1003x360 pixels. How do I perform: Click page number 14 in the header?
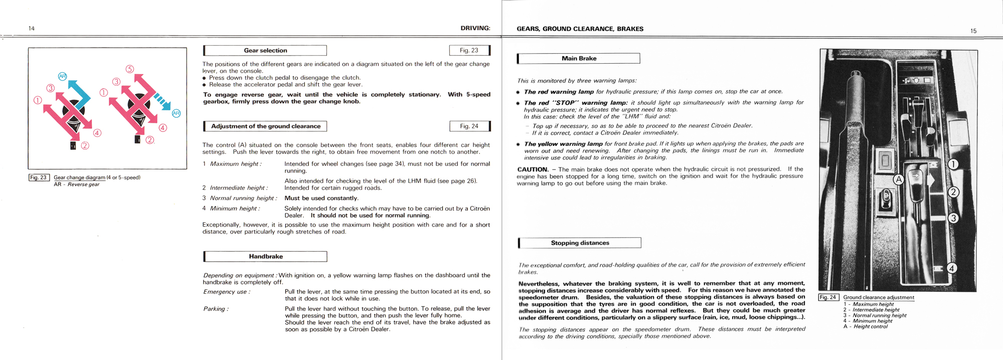point(32,29)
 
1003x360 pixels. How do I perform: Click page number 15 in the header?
point(973,31)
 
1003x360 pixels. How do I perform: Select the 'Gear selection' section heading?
point(265,51)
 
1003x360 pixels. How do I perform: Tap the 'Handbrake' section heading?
point(266,257)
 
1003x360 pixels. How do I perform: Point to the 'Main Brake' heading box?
point(579,59)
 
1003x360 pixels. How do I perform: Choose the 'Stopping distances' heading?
point(580,243)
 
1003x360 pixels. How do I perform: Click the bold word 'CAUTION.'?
point(533,169)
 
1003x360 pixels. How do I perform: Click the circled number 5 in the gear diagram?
point(130,69)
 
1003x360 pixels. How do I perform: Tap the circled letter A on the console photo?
point(899,179)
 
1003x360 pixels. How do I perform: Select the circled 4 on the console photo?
point(951,268)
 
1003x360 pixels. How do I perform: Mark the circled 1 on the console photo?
point(953,164)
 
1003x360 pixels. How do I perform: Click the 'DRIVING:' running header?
point(475,28)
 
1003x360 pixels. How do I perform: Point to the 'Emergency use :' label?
point(226,292)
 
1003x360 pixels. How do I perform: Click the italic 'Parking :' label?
point(216,309)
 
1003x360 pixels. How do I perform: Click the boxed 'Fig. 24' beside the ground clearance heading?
point(469,126)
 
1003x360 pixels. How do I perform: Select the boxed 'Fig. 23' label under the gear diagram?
point(39,177)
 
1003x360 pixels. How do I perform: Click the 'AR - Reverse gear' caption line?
point(77,185)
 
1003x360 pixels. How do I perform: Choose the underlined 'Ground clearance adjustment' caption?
point(879,297)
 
